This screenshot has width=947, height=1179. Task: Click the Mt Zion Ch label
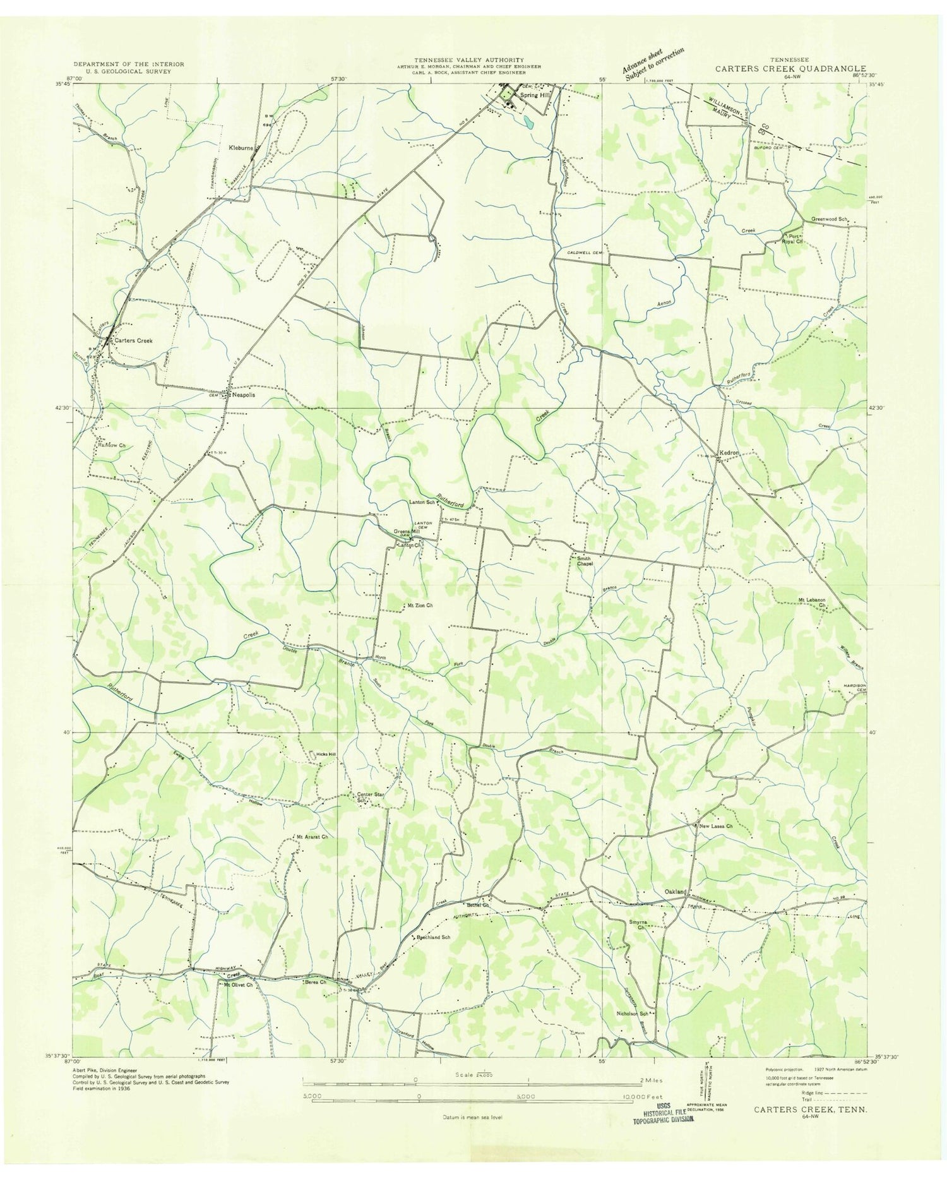[x=420, y=606]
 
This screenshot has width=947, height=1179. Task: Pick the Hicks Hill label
[x=326, y=755]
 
